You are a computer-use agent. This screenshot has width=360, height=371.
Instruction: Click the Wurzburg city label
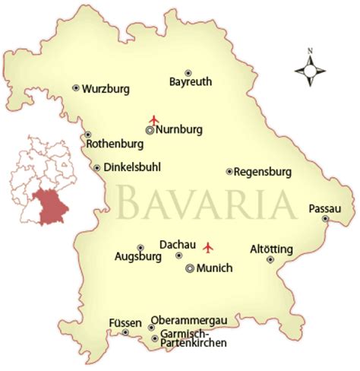106,88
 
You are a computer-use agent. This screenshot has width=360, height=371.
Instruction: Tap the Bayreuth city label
190,82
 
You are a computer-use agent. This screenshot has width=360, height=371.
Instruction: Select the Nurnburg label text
179,130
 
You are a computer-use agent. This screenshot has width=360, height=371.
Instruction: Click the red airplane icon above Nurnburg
154,119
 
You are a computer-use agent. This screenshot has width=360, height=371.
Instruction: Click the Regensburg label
264,172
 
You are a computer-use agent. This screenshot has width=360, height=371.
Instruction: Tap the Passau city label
325,208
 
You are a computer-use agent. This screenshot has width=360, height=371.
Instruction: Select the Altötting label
271,249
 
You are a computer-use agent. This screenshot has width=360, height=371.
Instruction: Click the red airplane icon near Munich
210,247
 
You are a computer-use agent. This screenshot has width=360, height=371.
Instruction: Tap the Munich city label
214,268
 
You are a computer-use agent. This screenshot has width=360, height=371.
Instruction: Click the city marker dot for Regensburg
229,172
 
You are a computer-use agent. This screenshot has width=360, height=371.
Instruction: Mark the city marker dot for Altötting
270,259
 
